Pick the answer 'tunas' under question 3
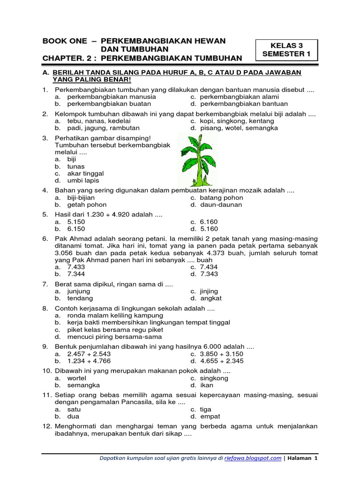(76, 166)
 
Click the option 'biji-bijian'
(81, 198)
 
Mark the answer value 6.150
(76, 229)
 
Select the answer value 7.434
(209, 267)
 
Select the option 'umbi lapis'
(83, 180)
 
